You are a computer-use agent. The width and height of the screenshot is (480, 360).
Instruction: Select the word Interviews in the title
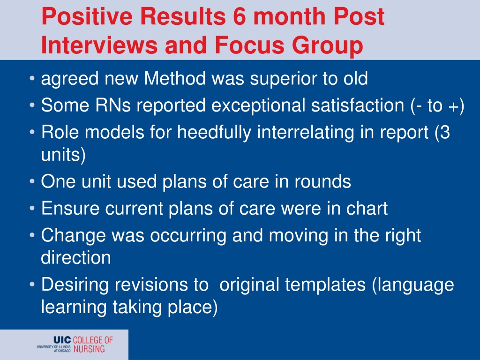99,45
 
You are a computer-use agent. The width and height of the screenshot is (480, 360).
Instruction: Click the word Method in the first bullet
175,78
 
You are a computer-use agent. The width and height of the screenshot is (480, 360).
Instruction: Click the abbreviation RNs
113,105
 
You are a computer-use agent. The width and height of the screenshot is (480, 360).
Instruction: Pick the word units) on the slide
63,155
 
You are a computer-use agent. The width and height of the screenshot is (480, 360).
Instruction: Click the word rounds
322,181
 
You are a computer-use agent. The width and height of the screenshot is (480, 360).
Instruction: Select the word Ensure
70,209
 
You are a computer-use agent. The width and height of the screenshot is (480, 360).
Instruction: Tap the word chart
367,209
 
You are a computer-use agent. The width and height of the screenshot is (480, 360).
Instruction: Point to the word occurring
188,236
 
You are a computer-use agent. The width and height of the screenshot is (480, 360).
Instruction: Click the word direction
76,257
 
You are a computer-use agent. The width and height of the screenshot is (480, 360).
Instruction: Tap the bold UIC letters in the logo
62,340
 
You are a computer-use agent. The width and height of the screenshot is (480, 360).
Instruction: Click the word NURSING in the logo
89,349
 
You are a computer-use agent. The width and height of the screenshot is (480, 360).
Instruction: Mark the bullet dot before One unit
32,181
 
